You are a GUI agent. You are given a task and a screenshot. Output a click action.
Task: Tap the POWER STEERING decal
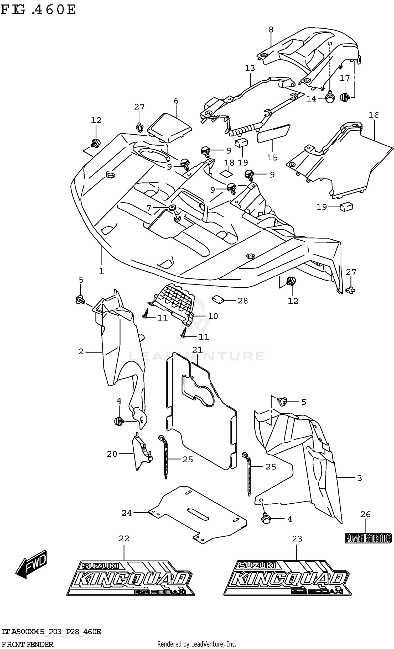(368, 538)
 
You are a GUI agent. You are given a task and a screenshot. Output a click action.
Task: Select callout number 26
(365, 514)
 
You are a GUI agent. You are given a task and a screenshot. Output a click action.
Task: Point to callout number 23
(297, 539)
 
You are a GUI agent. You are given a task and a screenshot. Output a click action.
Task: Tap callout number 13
(250, 68)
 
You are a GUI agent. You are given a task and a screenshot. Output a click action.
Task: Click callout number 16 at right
(374, 115)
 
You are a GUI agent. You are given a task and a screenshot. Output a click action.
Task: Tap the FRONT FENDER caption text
(27, 645)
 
